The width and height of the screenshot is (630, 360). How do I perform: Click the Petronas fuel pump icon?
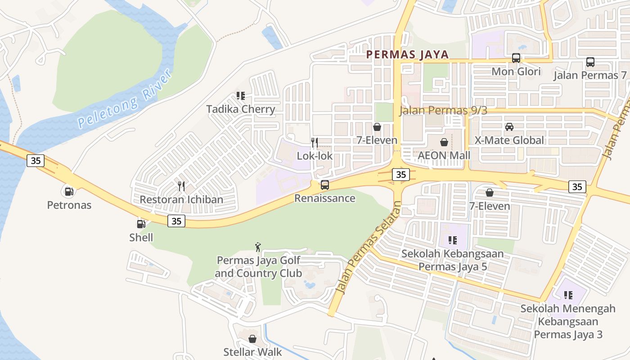pos(68,191)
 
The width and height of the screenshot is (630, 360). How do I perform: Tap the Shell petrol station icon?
pos(141,224)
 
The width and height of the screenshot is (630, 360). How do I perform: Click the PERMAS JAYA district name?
pos(407,55)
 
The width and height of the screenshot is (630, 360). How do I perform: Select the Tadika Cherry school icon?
pos(241,96)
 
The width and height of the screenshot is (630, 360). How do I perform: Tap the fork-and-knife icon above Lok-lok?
pos(315,143)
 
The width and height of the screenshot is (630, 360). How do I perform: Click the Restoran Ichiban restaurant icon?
pos(181,186)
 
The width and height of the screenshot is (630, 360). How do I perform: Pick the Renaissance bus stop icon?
pos(324,184)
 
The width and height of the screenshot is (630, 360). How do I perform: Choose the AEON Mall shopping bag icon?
pos(444,142)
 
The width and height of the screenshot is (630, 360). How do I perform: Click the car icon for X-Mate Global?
pos(509,126)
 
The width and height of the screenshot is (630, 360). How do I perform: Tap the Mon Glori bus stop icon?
pos(516,58)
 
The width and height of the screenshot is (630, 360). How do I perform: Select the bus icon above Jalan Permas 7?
pos(590,62)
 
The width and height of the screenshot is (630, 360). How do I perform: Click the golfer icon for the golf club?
pos(258,247)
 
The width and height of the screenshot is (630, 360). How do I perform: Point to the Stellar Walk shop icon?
pos(252,338)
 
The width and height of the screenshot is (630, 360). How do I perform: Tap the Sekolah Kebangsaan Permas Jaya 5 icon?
pos(452,240)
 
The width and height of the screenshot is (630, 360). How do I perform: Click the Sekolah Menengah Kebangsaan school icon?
pos(568,295)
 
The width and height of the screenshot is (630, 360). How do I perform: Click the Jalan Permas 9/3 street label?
pos(443,111)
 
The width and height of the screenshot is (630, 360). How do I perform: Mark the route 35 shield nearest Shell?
pos(177,221)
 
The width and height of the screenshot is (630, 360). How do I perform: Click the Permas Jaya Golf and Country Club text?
pos(258,267)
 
